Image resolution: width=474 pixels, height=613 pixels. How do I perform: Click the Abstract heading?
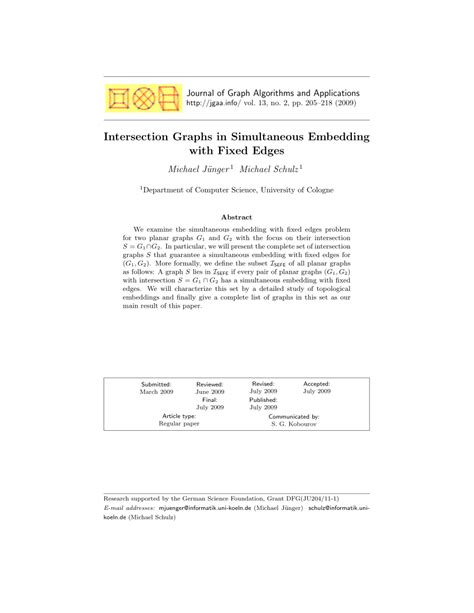tap(236, 216)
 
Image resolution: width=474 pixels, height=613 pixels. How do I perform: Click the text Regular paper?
tap(181, 424)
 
